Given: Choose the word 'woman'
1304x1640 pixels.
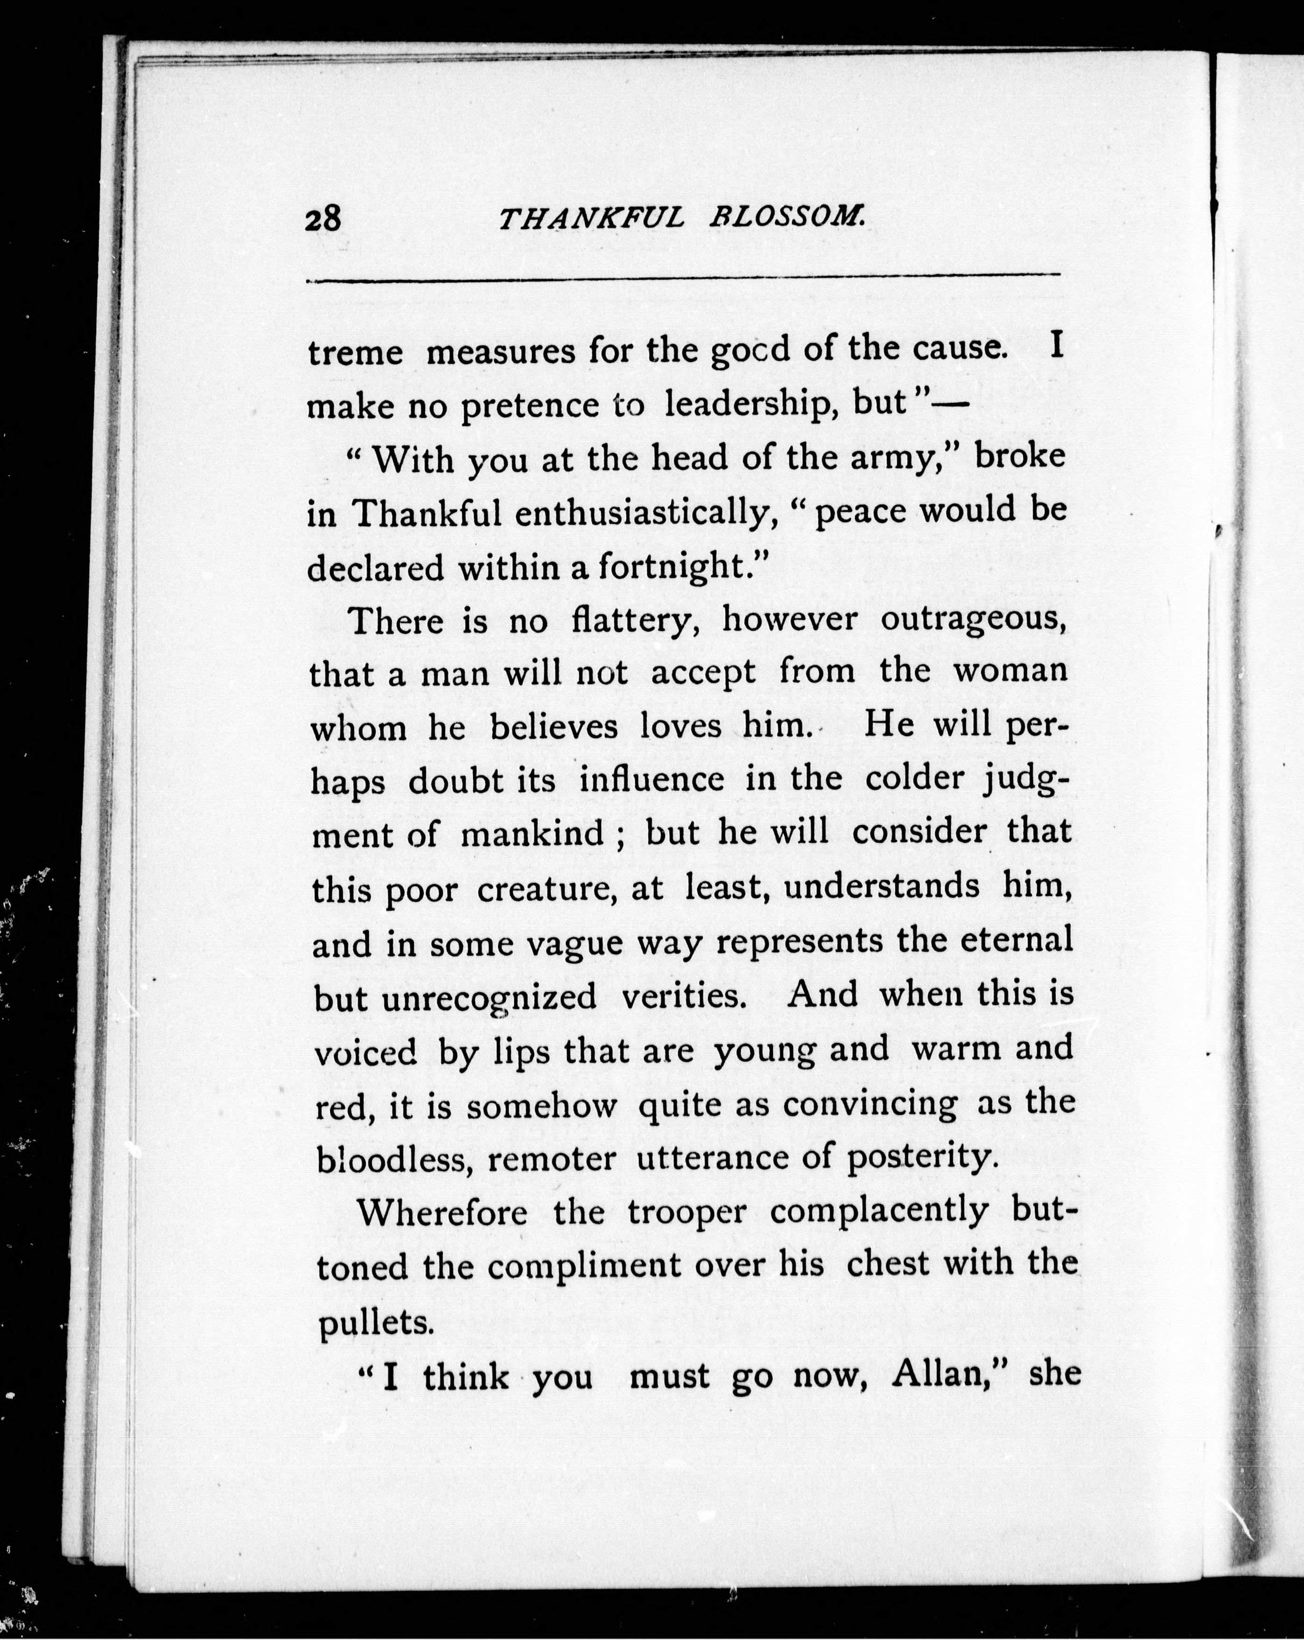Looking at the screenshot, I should point(1010,671).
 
